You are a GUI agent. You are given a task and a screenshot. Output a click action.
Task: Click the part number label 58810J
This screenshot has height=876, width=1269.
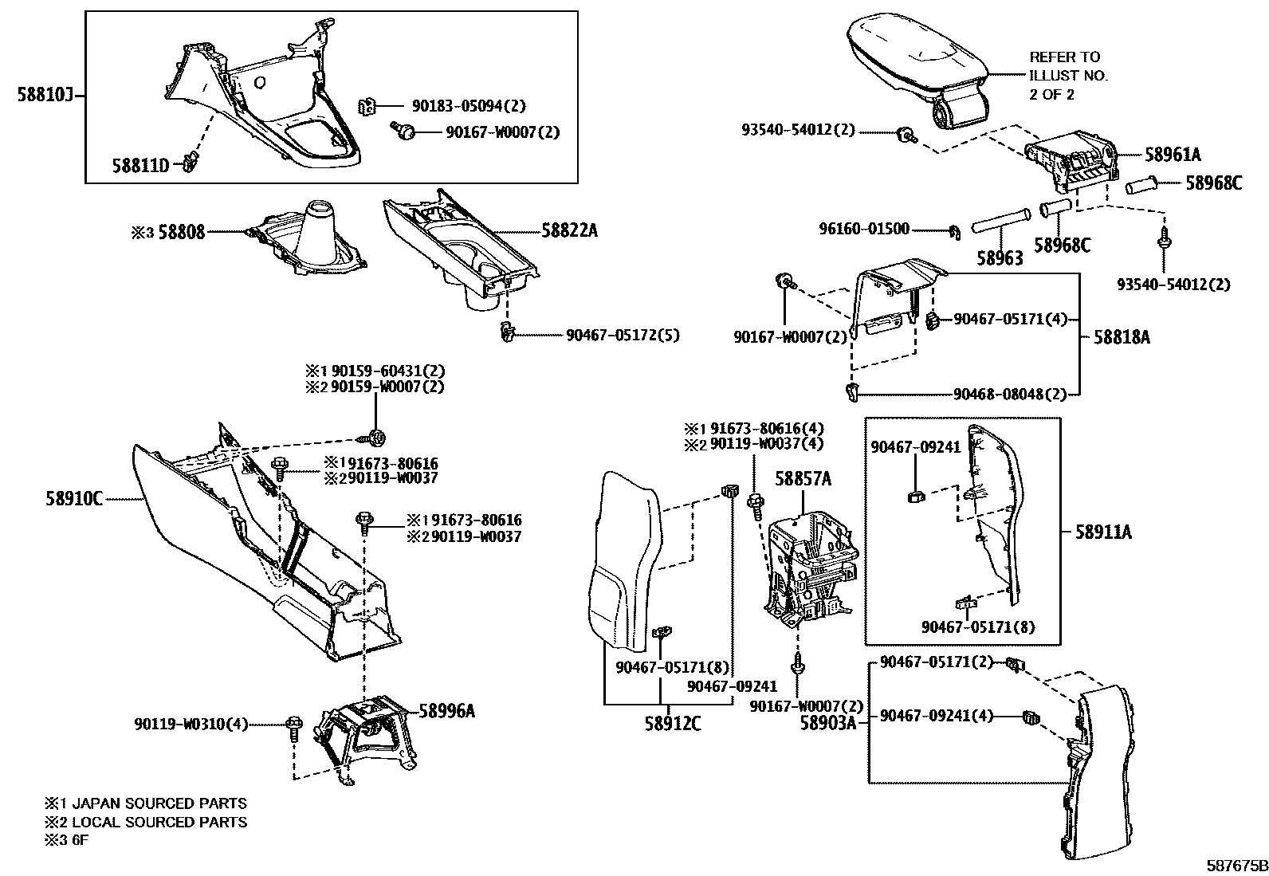(45, 96)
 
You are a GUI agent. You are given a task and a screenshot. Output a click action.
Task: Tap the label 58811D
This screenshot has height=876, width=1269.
(139, 165)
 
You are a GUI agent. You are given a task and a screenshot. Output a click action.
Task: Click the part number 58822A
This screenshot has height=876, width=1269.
(569, 230)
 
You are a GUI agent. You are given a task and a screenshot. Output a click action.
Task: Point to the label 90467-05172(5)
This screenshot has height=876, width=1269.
(623, 336)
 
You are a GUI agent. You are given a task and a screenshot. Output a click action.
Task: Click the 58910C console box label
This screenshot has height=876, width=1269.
(74, 499)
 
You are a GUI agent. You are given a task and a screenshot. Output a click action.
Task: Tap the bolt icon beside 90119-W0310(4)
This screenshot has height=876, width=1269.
(293, 725)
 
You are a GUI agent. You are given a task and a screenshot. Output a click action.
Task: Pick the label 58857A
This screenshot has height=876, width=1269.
(803, 478)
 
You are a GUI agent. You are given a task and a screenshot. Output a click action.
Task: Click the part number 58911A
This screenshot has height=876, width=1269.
(1103, 532)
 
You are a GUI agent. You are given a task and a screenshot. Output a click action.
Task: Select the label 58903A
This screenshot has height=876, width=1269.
(828, 723)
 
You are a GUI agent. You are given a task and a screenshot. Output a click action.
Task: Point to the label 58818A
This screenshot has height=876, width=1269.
(1122, 337)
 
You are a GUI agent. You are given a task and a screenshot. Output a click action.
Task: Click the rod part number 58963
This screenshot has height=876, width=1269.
(999, 259)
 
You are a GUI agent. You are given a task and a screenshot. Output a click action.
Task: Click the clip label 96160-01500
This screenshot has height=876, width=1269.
(864, 230)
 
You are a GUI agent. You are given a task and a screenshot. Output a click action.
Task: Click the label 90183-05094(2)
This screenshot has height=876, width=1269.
(469, 106)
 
